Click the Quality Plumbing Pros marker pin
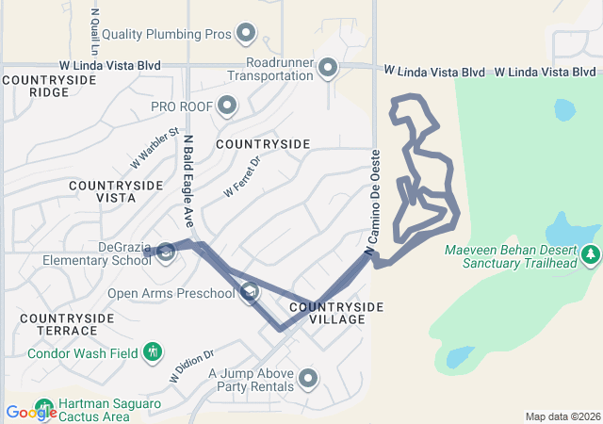(246, 34)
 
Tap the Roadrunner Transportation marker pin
(328, 67)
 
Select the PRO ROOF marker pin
(226, 105)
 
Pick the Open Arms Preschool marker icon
(249, 292)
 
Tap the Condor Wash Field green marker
(152, 353)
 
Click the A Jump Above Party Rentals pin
(308, 379)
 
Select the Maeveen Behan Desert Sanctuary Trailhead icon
(591, 253)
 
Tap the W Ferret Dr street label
(241, 177)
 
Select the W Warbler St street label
(155, 149)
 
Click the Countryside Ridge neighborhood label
(49, 86)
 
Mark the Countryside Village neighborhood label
(336, 314)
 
